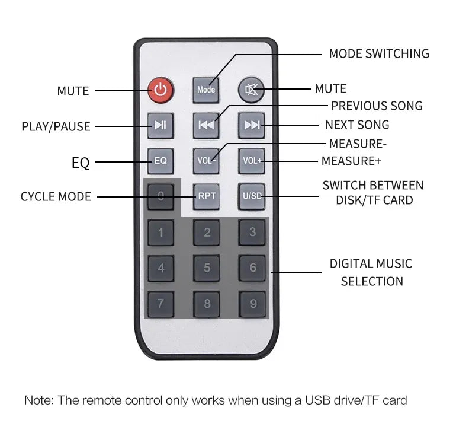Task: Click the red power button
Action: [x=160, y=90]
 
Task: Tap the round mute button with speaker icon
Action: [x=251, y=90]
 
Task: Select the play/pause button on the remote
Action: [x=160, y=125]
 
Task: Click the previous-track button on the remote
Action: [x=206, y=125]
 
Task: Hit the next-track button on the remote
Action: [x=252, y=125]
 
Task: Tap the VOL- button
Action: [x=206, y=161]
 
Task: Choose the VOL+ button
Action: [x=252, y=161]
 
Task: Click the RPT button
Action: [x=206, y=196]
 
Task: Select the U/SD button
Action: [x=252, y=196]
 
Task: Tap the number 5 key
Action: [x=207, y=268]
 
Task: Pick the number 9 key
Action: [x=252, y=304]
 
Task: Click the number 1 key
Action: [x=161, y=233]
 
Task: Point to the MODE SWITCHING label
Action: [x=379, y=54]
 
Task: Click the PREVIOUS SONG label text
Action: [x=377, y=106]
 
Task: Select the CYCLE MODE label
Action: [x=56, y=197]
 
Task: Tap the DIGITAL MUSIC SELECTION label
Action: [x=371, y=272]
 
